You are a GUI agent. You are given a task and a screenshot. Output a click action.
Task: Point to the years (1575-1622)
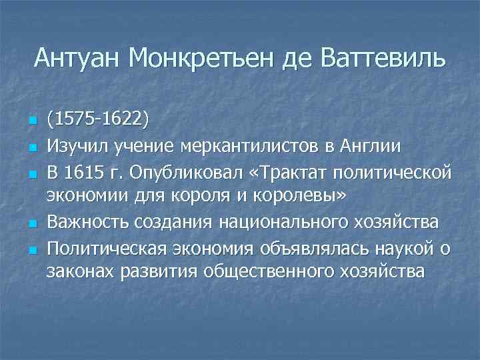[x=98, y=120]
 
